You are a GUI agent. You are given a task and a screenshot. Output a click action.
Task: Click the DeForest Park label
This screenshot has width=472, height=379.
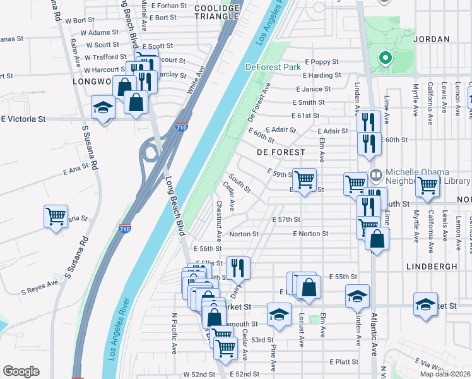[x=273, y=66]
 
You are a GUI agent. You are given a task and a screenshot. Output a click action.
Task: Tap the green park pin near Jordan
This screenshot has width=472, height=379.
[x=384, y=59]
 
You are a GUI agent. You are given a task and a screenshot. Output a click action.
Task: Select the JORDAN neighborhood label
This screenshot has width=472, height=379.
[x=432, y=39]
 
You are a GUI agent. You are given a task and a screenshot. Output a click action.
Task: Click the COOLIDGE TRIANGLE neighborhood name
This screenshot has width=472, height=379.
[x=218, y=12]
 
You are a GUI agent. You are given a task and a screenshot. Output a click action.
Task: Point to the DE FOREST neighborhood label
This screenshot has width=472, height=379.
[x=281, y=152]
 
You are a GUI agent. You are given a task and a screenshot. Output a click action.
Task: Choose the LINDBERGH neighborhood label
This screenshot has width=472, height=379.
[x=432, y=267]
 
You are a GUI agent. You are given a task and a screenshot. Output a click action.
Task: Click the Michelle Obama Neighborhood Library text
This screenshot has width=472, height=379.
[x=422, y=177]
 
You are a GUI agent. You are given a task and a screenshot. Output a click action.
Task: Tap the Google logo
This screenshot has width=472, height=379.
[x=21, y=371]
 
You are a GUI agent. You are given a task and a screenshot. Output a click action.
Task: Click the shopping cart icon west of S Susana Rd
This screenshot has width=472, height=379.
[x=56, y=216]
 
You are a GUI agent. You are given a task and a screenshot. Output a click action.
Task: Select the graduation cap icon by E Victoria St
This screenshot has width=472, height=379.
[x=103, y=107]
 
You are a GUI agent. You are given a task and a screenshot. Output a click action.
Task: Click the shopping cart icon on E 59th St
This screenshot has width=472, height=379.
[x=304, y=180]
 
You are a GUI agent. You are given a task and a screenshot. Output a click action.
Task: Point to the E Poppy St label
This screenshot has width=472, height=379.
[x=321, y=62]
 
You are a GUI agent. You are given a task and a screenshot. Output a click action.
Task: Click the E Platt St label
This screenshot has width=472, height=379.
[x=343, y=361]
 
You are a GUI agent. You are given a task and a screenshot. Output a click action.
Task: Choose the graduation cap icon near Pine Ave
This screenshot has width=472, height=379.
[x=278, y=314]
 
